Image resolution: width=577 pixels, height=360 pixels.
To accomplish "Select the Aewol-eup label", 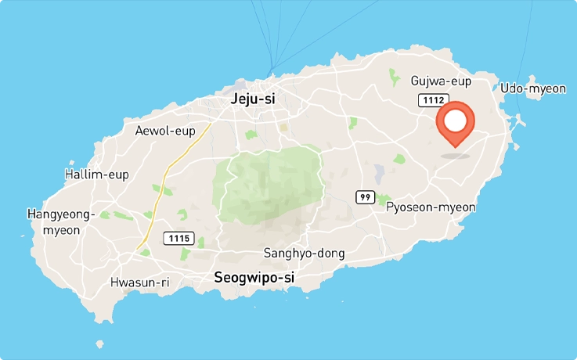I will tap(162, 131).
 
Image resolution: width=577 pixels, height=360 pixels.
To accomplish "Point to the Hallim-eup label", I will tap(96, 174).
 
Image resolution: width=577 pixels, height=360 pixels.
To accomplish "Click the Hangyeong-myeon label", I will tap(60, 221).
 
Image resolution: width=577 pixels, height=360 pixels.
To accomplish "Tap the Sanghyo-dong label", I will tap(304, 253).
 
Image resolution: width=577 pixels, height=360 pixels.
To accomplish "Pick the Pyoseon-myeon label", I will tap(431, 207).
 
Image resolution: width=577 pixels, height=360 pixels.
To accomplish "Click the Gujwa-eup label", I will tap(442, 81).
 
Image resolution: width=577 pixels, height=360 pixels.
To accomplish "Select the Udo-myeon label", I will tap(532, 88).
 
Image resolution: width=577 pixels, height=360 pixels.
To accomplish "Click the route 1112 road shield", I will tap(432, 100).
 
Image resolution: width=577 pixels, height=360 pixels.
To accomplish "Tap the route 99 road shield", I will tap(364, 197).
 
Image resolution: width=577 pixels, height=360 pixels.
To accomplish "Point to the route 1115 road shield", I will tap(178, 236).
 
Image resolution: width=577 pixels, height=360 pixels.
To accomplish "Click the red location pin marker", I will tap(455, 125).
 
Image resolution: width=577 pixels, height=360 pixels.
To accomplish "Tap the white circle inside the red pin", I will tap(455, 121).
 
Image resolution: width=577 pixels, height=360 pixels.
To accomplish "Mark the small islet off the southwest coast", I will tap(99, 344).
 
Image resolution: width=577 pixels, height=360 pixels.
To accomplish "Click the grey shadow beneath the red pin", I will tap(455, 155).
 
